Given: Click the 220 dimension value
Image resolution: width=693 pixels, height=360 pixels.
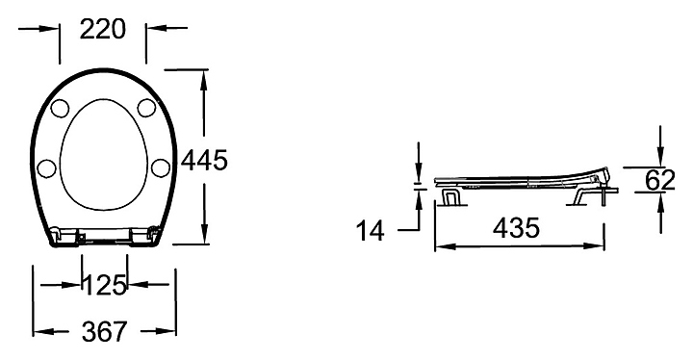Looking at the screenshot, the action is [103, 30].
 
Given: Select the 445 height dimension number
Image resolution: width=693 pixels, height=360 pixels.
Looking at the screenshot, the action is [205, 160].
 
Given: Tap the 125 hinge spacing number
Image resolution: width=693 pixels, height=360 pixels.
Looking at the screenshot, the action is [105, 285].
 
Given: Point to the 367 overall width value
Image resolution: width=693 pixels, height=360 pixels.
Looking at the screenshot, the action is [104, 332].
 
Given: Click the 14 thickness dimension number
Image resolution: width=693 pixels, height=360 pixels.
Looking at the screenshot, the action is [371, 230].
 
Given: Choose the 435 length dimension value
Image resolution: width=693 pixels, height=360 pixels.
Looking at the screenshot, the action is [516, 228].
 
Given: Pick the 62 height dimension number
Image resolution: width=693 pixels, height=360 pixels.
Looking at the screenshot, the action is [660, 180].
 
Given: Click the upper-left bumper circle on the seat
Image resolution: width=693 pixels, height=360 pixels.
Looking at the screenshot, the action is [60, 109].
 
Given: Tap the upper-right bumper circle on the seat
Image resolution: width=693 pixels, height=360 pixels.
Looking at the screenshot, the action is [146, 108].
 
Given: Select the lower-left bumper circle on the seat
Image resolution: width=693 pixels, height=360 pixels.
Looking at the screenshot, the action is [46, 168].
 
